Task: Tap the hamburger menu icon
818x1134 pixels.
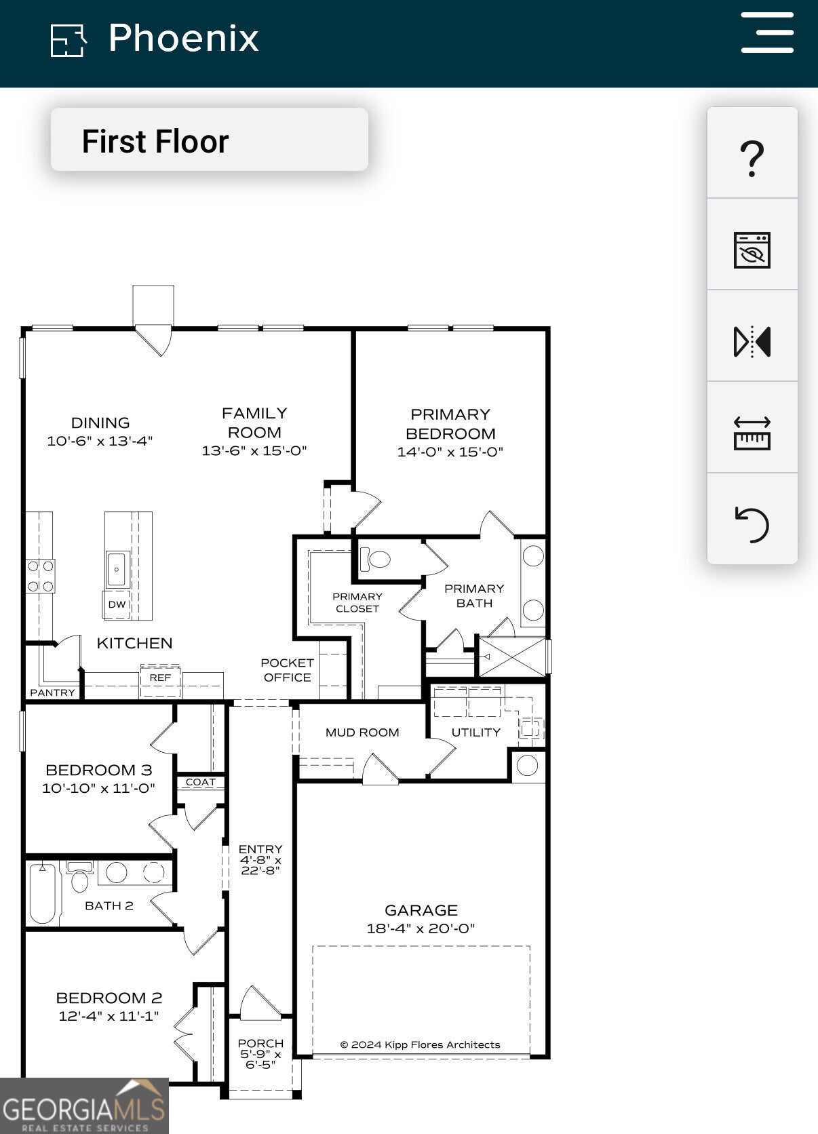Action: click(767, 33)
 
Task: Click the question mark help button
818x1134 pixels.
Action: click(752, 159)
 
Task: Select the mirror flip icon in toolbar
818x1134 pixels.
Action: click(752, 342)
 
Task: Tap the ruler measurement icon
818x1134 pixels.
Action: click(752, 433)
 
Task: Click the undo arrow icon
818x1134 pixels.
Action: click(752, 525)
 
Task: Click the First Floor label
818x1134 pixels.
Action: click(155, 141)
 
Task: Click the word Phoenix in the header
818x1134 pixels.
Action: click(184, 39)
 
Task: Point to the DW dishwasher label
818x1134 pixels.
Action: click(117, 604)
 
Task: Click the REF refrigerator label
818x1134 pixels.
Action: click(161, 678)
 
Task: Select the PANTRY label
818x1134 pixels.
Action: click(53, 692)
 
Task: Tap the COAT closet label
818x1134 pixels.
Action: click(201, 782)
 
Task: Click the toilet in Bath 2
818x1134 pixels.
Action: click(79, 876)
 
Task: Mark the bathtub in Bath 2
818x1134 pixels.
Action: click(43, 894)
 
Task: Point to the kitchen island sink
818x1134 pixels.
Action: click(117, 570)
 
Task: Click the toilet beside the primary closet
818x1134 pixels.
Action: click(375, 560)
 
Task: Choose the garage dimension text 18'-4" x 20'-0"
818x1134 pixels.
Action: click(421, 928)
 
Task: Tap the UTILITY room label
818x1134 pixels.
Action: click(476, 732)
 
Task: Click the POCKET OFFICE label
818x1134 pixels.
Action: click(288, 670)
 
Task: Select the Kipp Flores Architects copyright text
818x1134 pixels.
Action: click(420, 1044)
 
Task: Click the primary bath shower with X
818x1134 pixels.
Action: click(512, 657)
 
